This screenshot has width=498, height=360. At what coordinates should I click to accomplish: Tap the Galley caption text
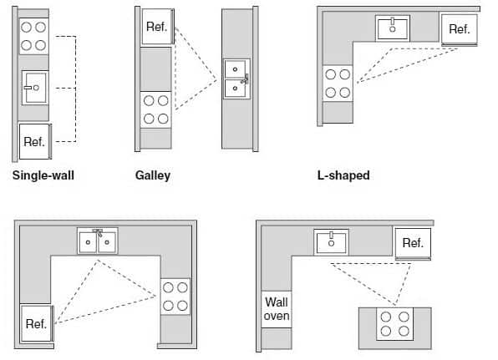153,176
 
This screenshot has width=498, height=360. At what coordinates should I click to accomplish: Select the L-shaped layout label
343,176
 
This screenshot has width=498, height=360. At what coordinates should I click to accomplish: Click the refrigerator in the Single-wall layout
34,141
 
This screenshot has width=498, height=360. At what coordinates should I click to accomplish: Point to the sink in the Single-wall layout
34,87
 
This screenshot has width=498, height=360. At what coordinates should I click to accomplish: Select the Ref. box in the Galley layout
156,28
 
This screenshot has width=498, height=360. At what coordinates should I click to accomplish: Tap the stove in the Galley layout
156,109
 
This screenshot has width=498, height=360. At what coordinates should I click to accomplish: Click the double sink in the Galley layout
236,79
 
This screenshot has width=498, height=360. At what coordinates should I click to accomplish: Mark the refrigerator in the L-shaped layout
459,29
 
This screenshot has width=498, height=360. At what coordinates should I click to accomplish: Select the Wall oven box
277,308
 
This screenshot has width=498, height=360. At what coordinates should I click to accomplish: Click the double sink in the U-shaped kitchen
98,241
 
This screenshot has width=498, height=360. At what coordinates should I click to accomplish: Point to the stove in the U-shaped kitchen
175,297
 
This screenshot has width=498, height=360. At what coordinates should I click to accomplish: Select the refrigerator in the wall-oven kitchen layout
413,243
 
